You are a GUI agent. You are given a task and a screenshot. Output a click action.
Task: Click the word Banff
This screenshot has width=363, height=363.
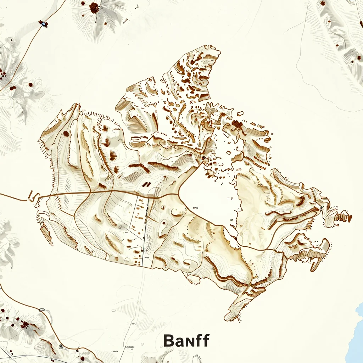[186, 341]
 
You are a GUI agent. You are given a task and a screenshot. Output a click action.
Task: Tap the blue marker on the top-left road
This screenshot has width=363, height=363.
[43, 24]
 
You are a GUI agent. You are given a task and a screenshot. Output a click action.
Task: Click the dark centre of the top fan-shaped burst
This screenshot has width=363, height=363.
[94, 7]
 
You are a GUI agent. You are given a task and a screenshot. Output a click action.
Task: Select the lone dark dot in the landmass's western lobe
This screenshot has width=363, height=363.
[66, 134]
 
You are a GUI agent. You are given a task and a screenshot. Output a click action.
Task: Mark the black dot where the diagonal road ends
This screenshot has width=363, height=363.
[203, 158]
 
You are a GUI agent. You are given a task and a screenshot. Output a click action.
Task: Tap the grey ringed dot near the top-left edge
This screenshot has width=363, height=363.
[11, 40]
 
